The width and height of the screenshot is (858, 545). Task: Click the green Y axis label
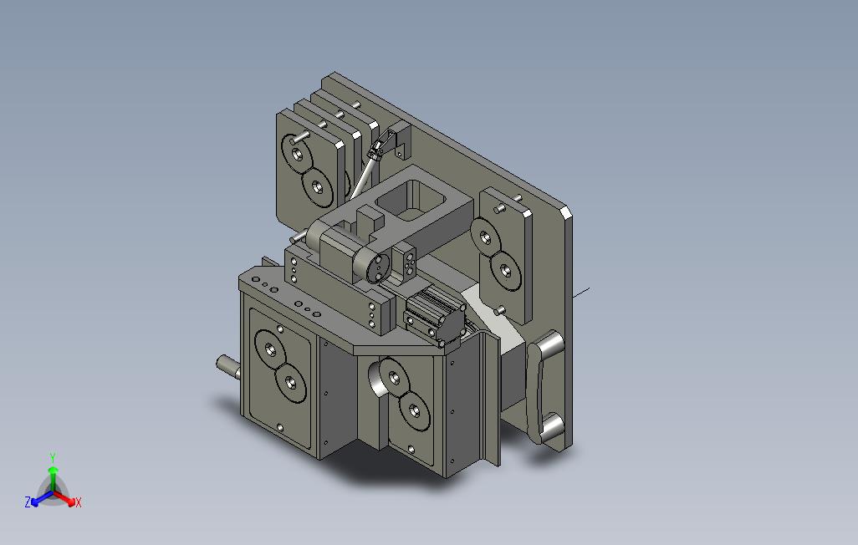pyautogui.click(x=53, y=457)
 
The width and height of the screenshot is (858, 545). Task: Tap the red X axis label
pyautogui.click(x=79, y=502)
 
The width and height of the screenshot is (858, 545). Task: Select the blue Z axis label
pyautogui.click(x=28, y=502)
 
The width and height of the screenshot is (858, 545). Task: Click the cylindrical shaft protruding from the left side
pyautogui.click(x=227, y=365)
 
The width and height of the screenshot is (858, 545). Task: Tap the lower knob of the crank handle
pyautogui.click(x=551, y=426)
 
